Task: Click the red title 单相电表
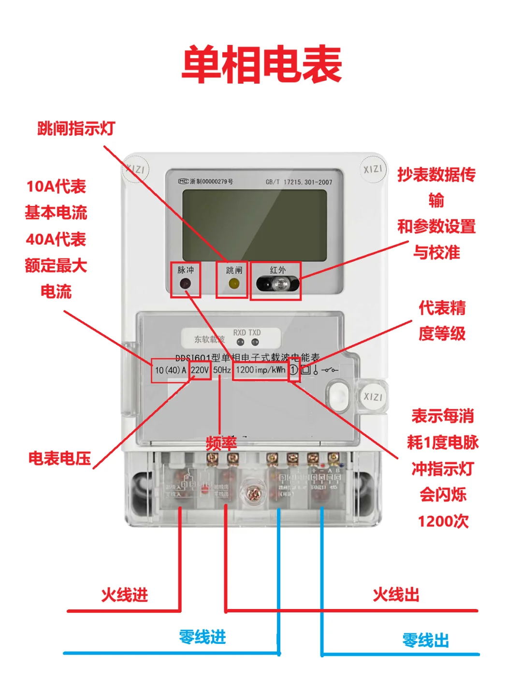261,64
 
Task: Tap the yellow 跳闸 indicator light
233,284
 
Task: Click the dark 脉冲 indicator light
185,284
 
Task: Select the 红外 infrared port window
277,284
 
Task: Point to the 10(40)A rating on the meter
170,370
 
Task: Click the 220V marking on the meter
200,370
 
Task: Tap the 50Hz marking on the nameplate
222,370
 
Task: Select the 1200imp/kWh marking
261,370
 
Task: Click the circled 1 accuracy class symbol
293,370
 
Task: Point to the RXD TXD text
246,333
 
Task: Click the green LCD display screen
254,225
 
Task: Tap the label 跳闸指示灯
76,129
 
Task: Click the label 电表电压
59,458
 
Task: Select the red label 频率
221,443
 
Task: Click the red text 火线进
124,595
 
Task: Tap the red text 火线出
396,595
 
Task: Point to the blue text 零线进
202,637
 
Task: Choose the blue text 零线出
425,640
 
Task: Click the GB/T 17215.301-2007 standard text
299,182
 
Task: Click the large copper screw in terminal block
253,494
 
